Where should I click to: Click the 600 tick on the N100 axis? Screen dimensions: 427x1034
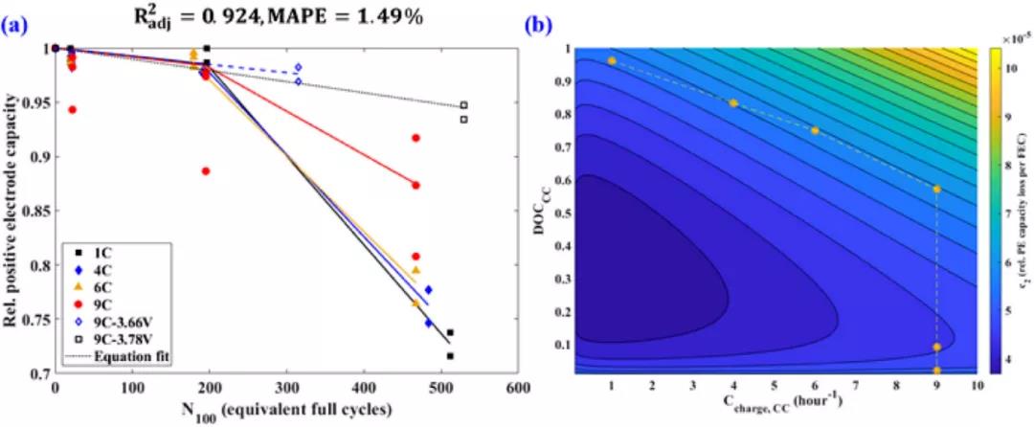[x=518, y=388]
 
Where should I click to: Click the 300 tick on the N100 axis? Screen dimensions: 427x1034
[x=286, y=388]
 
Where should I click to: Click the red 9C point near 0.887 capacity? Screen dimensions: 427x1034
[x=206, y=171]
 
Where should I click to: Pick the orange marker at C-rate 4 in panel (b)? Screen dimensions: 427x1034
[x=733, y=102]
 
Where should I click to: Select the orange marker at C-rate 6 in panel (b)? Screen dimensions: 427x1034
[x=815, y=130]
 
